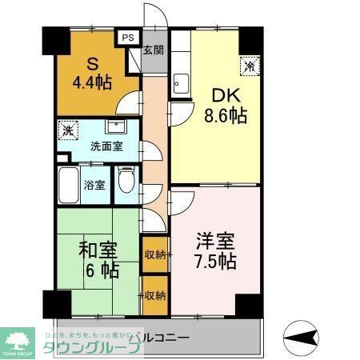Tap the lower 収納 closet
coord(155,295)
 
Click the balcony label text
coord(160,338)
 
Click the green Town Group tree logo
coord(18,335)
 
